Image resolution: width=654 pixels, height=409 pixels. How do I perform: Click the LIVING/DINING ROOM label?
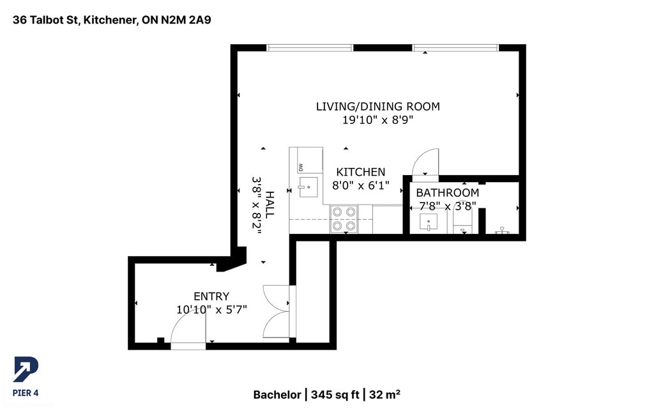click(x=377, y=107)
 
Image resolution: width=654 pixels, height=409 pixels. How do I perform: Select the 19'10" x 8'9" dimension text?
click(x=377, y=120)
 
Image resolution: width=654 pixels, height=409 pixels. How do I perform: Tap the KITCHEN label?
click(x=360, y=172)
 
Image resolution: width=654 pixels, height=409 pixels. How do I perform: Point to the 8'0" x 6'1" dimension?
click(x=360, y=185)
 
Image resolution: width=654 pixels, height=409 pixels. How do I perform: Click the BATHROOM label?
click(x=447, y=193)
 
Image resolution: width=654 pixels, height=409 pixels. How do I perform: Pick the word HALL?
click(x=270, y=204)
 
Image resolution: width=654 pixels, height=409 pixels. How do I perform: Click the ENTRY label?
click(x=211, y=297)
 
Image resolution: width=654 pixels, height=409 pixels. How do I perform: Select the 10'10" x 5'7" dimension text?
click(x=211, y=310)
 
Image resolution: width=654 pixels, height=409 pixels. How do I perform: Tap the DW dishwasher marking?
click(x=300, y=168)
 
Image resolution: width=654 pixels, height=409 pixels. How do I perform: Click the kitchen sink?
click(x=308, y=187)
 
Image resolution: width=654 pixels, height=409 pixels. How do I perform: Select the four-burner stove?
click(x=344, y=219)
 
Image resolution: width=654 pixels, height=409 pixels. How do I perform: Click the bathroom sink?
click(x=429, y=222)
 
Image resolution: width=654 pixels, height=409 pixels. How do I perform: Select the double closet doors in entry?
click(x=276, y=311)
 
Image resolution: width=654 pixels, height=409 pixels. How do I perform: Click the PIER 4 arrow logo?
click(x=26, y=369)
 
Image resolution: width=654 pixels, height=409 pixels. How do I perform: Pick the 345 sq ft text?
click(x=335, y=395)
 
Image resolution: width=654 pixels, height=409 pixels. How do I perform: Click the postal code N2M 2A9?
click(x=186, y=20)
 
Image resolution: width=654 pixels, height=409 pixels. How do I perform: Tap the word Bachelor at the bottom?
click(x=277, y=395)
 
